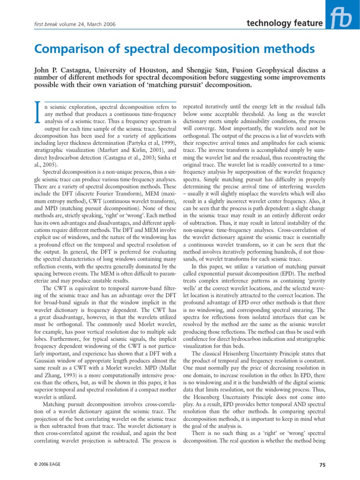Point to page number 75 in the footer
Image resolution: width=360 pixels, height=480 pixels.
pyautogui.click(x=322, y=465)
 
